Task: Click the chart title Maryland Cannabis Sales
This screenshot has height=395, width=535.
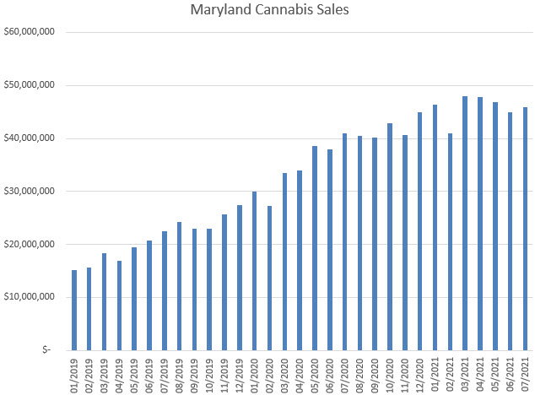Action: (267, 12)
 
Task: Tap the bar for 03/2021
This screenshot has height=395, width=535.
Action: (465, 223)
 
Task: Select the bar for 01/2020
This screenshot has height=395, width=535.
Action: (254, 270)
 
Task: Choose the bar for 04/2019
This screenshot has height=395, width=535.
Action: (119, 305)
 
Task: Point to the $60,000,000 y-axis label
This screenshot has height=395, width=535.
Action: (30, 32)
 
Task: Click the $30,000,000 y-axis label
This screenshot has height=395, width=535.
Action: (30, 192)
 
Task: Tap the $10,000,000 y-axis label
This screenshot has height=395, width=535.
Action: (30, 297)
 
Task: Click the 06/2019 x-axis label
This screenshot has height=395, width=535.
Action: (149, 372)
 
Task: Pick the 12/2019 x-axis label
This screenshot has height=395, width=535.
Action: (240, 372)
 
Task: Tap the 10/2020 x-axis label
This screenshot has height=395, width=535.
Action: (390, 372)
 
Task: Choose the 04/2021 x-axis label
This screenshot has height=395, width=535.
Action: (480, 372)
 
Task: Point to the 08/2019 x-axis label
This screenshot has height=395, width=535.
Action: (180, 372)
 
